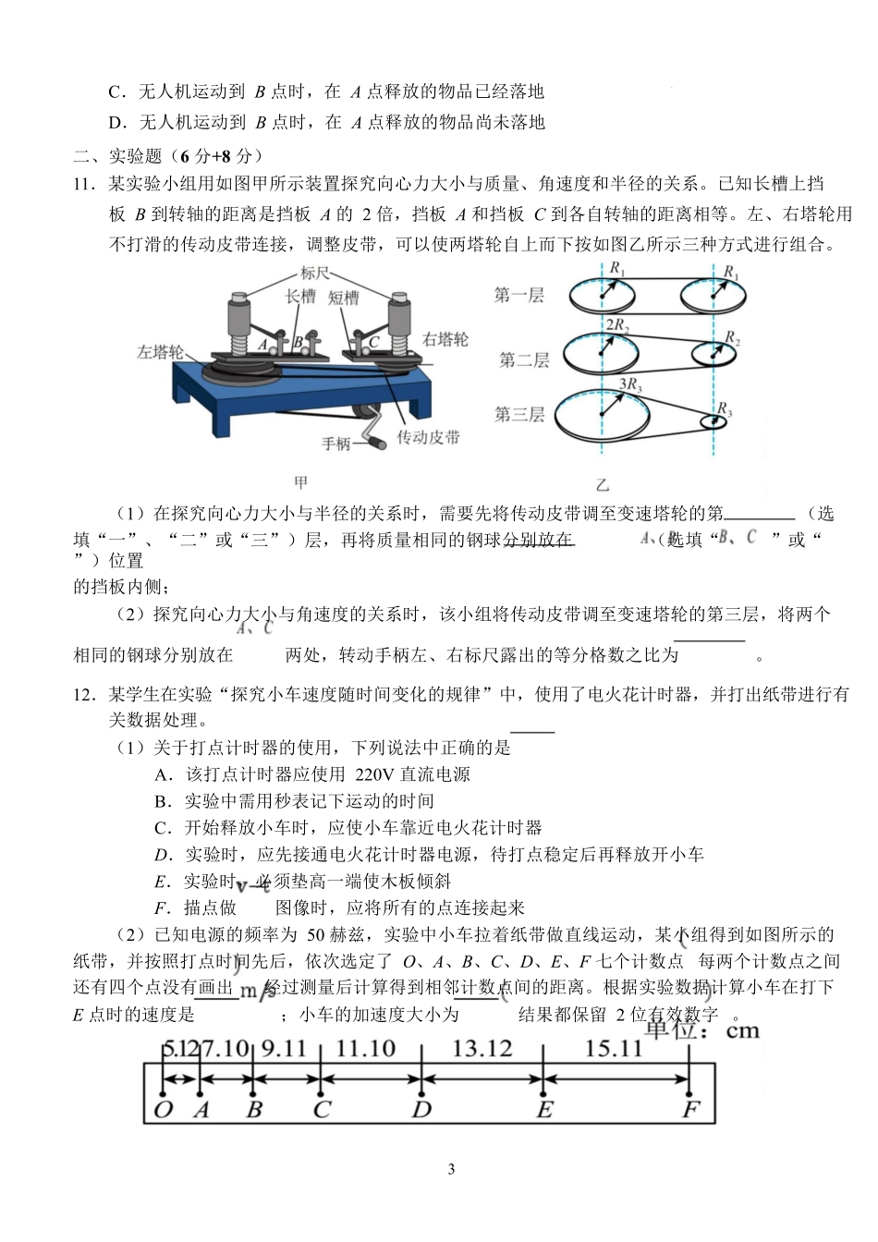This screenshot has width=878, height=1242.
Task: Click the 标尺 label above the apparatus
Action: click(x=314, y=274)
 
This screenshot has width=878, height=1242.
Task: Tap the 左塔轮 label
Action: click(x=160, y=352)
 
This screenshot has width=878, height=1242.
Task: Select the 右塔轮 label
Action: click(x=445, y=339)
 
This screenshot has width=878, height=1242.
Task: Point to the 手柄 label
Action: click(x=336, y=444)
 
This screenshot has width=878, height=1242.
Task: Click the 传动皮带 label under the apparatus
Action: click(x=428, y=437)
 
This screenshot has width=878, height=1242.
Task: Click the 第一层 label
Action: click(x=519, y=295)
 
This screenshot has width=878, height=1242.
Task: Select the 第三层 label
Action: click(x=519, y=414)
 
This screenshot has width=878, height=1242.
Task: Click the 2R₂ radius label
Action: click(x=616, y=324)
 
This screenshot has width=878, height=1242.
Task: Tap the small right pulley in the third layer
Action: click(x=713, y=421)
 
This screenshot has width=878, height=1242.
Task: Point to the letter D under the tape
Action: click(x=421, y=1109)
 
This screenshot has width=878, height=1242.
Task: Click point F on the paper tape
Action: click(x=689, y=1109)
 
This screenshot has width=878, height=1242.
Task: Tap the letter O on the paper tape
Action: click(x=163, y=1109)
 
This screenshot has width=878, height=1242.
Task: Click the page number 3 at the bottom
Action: click(x=451, y=1169)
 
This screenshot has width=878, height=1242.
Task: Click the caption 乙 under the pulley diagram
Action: click(x=603, y=484)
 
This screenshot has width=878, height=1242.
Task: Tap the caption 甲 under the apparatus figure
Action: click(x=300, y=481)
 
